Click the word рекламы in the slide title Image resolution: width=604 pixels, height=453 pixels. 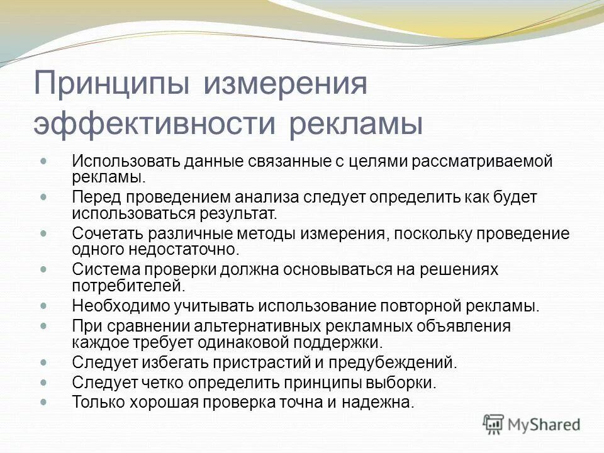pos(356,123)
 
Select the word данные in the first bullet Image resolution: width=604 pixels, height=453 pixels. pos(212,161)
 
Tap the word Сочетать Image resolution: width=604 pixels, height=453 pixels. pos(107,234)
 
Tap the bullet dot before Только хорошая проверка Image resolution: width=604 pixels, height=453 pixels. pos(43,400)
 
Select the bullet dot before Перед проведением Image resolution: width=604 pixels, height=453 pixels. pos(43,196)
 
